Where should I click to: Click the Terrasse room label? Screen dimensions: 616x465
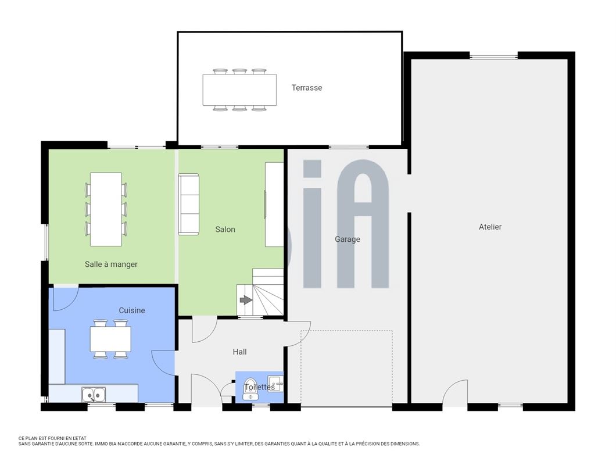click(306, 88)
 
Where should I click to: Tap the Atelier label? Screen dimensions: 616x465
click(490, 227)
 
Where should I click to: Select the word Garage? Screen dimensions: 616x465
click(348, 239)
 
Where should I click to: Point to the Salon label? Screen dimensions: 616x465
click(225, 229)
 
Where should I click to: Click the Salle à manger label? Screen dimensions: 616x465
click(111, 264)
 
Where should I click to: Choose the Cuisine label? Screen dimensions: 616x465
click(132, 310)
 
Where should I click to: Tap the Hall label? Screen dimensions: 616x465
click(239, 352)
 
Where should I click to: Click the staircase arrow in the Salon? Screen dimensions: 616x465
click(246, 301)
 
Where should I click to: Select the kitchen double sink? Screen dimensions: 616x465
click(94, 394)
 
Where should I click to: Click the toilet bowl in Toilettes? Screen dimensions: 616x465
click(250, 389)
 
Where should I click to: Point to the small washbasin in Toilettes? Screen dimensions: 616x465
click(275, 383)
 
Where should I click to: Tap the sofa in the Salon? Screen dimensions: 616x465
click(188, 205)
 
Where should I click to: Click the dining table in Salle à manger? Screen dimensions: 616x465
click(106, 209)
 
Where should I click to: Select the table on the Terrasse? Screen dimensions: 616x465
click(239, 90)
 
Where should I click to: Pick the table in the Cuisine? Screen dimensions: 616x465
click(110, 339)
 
